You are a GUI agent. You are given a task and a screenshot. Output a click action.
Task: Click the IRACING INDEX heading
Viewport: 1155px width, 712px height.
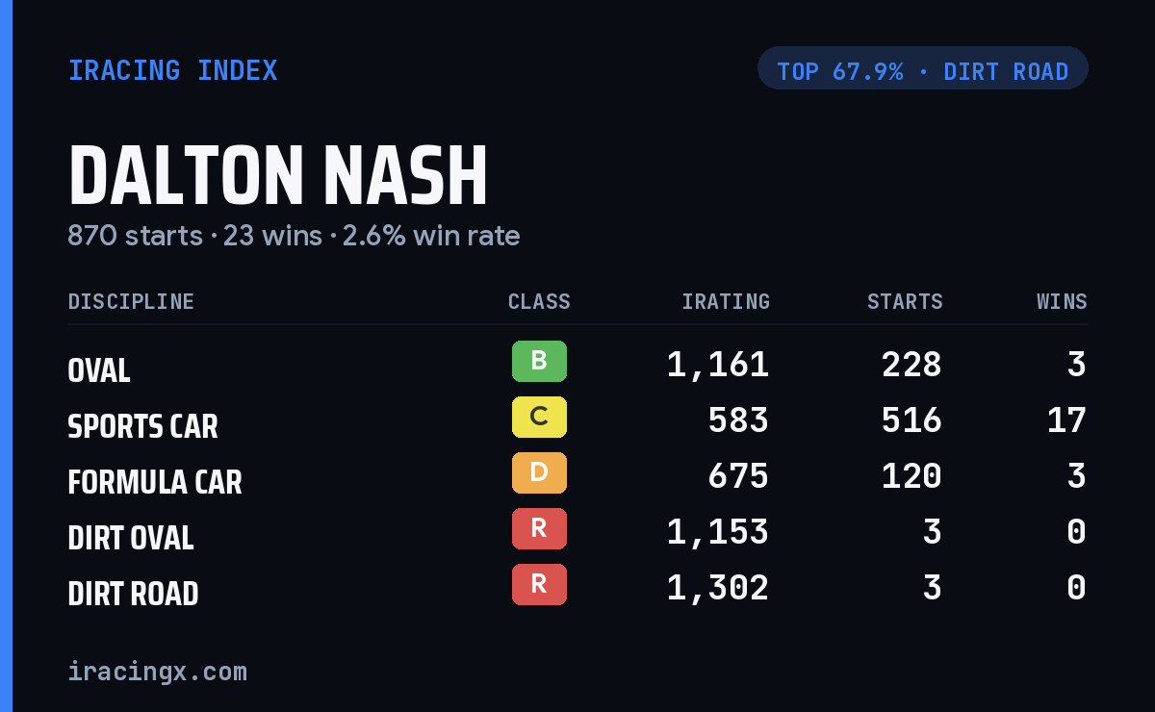tap(172, 70)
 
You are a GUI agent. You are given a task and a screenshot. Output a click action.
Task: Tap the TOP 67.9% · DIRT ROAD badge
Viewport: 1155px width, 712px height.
tap(922, 68)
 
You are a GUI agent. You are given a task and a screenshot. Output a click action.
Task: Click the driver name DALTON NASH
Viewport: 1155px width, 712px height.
tap(278, 175)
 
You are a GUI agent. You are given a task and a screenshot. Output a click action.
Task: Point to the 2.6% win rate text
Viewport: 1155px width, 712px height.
tap(431, 236)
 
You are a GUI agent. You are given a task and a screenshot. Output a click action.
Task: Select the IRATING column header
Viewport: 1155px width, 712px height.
tap(726, 301)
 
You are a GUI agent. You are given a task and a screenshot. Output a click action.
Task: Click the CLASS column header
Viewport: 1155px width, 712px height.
tap(539, 301)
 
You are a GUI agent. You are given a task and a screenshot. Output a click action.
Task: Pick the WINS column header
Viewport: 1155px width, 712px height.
tap(1063, 301)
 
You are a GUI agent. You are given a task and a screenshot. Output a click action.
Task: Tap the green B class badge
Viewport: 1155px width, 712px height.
tap(539, 361)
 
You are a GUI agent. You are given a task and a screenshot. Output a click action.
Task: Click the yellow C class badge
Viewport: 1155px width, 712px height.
tap(539, 417)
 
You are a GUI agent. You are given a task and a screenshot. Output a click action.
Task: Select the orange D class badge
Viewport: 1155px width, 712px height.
tap(539, 472)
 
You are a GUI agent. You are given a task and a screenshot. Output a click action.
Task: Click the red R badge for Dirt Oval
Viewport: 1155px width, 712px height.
tap(539, 528)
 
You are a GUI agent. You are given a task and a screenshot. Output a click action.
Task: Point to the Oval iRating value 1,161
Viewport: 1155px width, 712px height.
tap(718, 365)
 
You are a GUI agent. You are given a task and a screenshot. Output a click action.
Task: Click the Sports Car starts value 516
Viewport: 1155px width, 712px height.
tap(911, 420)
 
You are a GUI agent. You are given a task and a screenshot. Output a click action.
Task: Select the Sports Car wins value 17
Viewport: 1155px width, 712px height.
tap(1066, 420)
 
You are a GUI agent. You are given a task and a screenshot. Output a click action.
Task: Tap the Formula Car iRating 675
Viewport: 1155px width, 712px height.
tap(738, 476)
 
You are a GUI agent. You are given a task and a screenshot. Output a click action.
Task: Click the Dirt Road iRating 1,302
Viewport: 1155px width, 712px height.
tap(718, 588)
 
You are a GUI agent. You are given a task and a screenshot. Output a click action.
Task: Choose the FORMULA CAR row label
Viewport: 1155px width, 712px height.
tap(155, 482)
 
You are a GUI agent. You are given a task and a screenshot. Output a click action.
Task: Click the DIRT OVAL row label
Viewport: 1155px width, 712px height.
tap(131, 538)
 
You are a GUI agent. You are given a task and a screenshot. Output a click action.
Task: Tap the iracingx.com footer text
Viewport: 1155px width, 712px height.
tap(158, 672)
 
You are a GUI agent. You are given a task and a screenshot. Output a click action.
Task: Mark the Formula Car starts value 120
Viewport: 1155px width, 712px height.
tap(911, 476)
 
